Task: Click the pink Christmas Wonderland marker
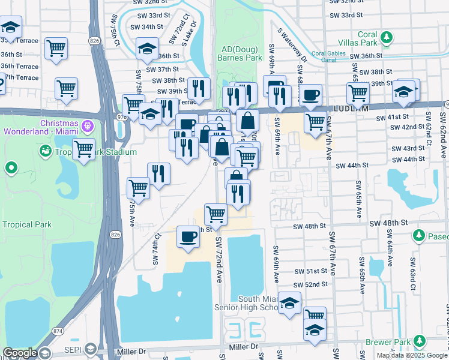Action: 88,127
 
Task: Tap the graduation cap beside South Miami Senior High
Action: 289,304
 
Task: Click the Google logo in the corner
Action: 20,353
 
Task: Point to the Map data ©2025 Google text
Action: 412,355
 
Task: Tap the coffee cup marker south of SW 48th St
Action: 188,236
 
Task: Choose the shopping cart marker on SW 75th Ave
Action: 139,188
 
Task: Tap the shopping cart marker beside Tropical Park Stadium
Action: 83,148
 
